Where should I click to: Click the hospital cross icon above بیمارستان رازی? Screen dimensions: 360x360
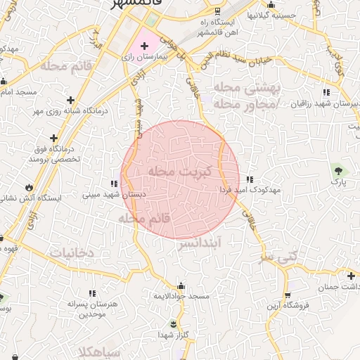pos(145,46)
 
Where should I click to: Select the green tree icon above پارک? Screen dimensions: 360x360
pos(339,169)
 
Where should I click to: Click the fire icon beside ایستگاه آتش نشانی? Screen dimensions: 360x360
pos(29,188)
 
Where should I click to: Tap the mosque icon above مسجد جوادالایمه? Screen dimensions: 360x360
pos(182,285)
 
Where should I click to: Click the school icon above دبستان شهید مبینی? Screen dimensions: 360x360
pos(115,184)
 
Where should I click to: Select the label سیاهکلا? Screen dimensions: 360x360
pos(101,351)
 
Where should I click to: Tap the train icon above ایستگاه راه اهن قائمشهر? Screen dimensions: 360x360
pos(217,10)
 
